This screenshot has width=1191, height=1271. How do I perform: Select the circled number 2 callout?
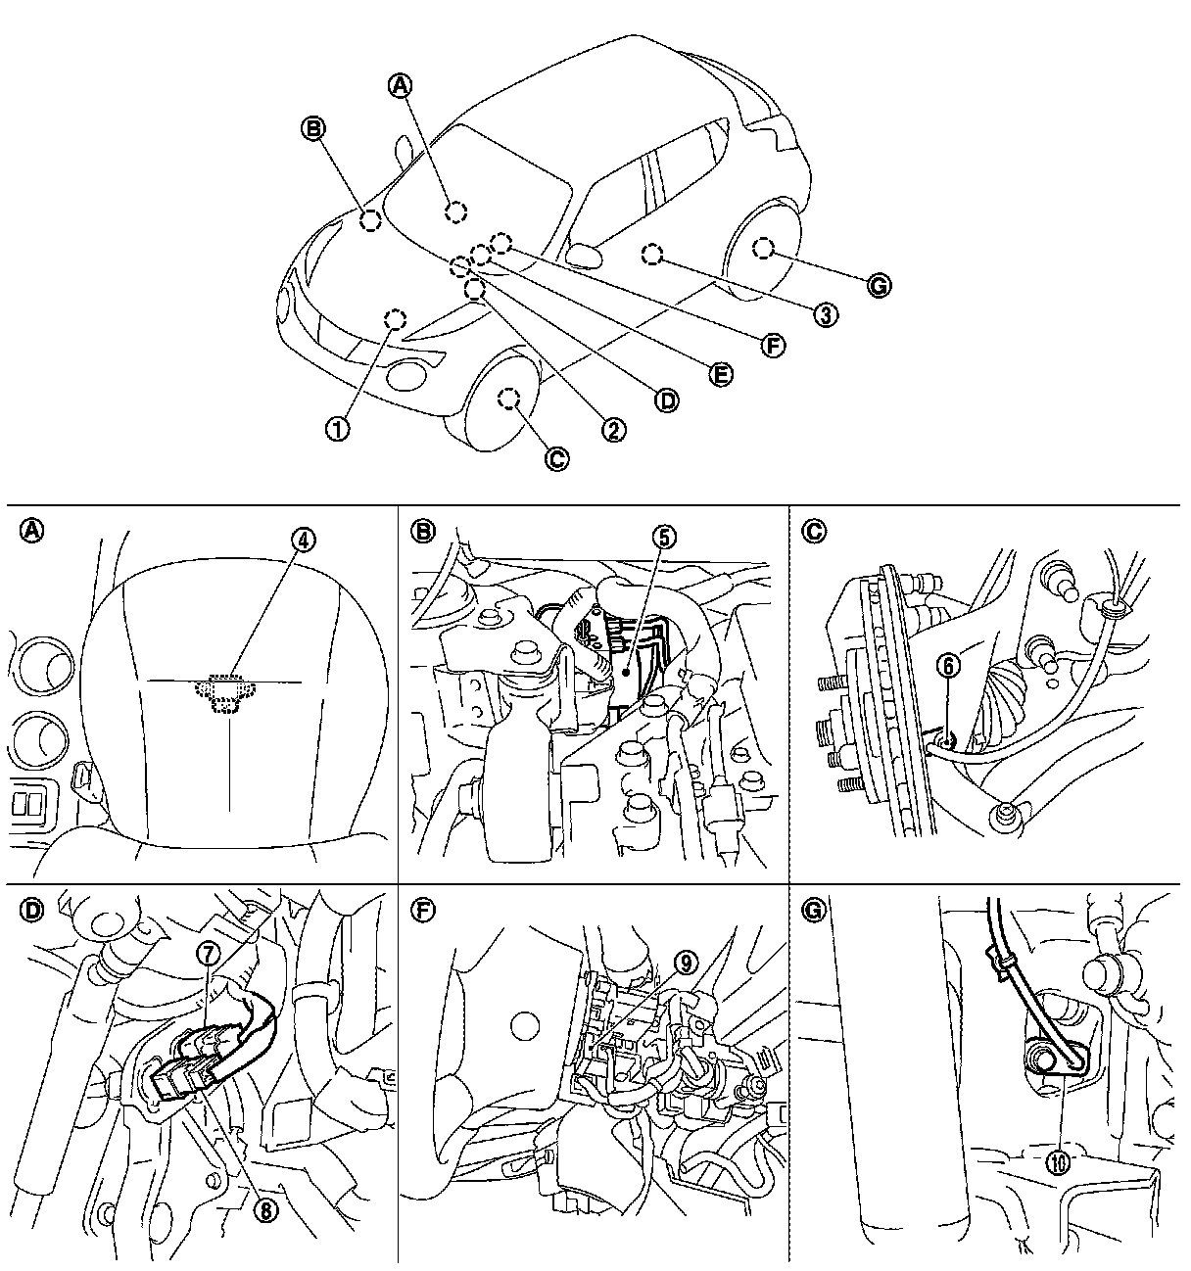613,429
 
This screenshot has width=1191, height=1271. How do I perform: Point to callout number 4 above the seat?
304,539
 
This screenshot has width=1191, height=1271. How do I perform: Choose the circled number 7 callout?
209,953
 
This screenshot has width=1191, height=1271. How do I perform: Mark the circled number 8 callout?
263,1209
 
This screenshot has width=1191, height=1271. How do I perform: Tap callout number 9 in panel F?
687,963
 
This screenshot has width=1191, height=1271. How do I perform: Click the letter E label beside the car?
721,375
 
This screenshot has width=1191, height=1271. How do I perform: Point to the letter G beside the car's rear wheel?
879,285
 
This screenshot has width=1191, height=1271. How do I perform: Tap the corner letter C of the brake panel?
813,532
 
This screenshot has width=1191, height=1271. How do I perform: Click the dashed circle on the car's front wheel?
507,398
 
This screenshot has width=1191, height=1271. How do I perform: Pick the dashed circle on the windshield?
454,211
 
